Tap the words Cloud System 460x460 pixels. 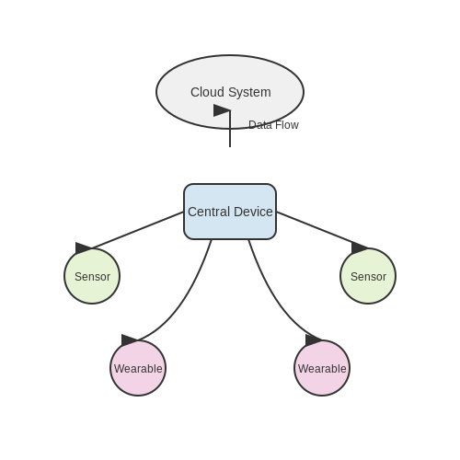[231, 92]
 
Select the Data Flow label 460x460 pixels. [273, 125]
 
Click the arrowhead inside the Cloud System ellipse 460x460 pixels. [222, 110]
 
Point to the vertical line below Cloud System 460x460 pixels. [230, 129]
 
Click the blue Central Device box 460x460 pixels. [230, 212]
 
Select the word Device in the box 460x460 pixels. [253, 212]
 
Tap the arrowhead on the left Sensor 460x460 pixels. [83, 248]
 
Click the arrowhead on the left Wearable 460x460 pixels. [129, 340]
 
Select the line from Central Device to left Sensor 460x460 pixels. [138, 230]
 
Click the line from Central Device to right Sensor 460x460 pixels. [322, 230]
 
